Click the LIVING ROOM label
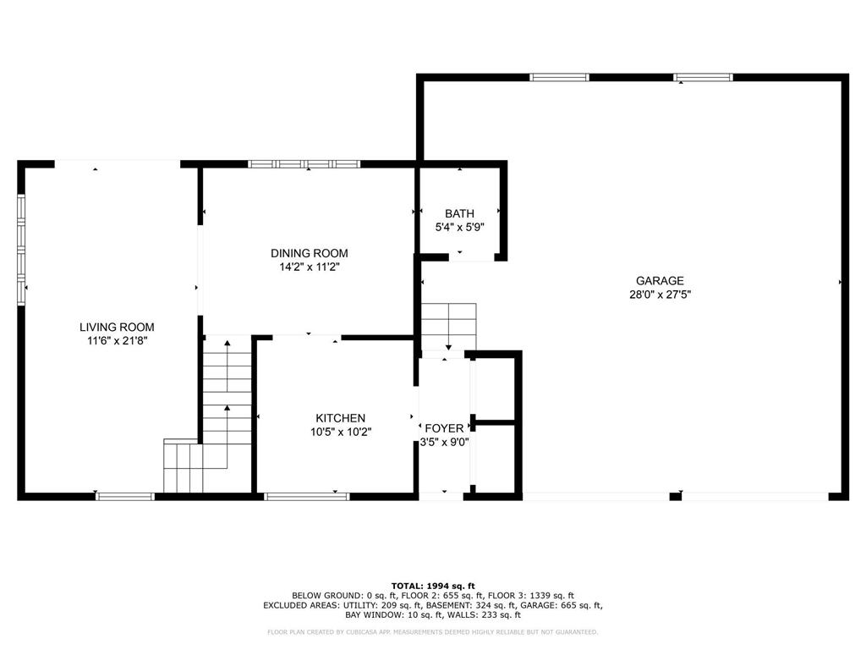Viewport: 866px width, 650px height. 117,327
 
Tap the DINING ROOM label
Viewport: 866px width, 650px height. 309,253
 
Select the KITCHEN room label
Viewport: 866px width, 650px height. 340,418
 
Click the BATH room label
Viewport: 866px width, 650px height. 460,213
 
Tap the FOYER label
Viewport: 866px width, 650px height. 444,428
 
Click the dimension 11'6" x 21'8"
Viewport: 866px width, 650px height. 117,340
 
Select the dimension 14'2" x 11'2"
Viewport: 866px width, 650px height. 309,267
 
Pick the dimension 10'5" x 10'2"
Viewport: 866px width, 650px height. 340,432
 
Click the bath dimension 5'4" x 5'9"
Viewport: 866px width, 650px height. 460,227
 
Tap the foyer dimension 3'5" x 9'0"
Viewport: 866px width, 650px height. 445,442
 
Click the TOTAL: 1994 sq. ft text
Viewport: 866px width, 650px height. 433,586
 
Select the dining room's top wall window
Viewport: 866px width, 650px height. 304,164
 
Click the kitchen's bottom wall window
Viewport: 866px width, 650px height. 307,496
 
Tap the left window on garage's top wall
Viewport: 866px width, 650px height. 559,78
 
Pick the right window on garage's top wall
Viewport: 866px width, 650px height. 703,78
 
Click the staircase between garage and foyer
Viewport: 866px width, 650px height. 448,326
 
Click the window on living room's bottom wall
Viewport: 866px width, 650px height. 125,496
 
